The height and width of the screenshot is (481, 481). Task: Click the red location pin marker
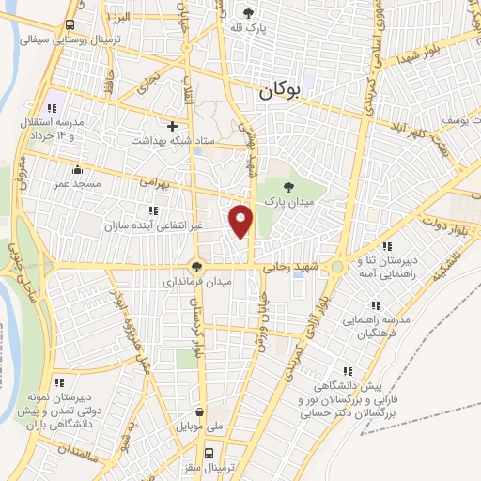(242, 220)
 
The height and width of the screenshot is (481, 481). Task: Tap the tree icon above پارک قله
(249, 13)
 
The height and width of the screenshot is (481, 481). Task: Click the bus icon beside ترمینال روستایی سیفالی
(72, 25)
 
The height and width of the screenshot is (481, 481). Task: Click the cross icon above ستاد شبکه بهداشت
(172, 125)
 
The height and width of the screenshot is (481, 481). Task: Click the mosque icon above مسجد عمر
(77, 171)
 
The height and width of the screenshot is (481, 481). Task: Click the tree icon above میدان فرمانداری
(197, 265)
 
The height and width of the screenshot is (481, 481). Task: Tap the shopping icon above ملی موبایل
(199, 411)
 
